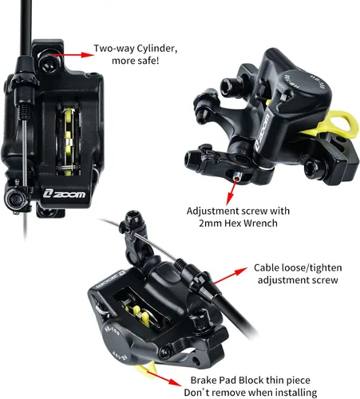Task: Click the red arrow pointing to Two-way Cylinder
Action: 73,55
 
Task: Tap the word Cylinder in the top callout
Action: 157,49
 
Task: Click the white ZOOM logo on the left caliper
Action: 65,194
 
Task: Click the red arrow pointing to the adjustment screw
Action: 231,192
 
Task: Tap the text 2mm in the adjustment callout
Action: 210,223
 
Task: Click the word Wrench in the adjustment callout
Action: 261,223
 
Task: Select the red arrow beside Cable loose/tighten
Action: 230,276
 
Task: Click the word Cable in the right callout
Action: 267,267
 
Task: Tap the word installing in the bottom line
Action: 296,393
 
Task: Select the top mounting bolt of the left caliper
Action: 49,61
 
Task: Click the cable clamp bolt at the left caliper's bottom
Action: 15,197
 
